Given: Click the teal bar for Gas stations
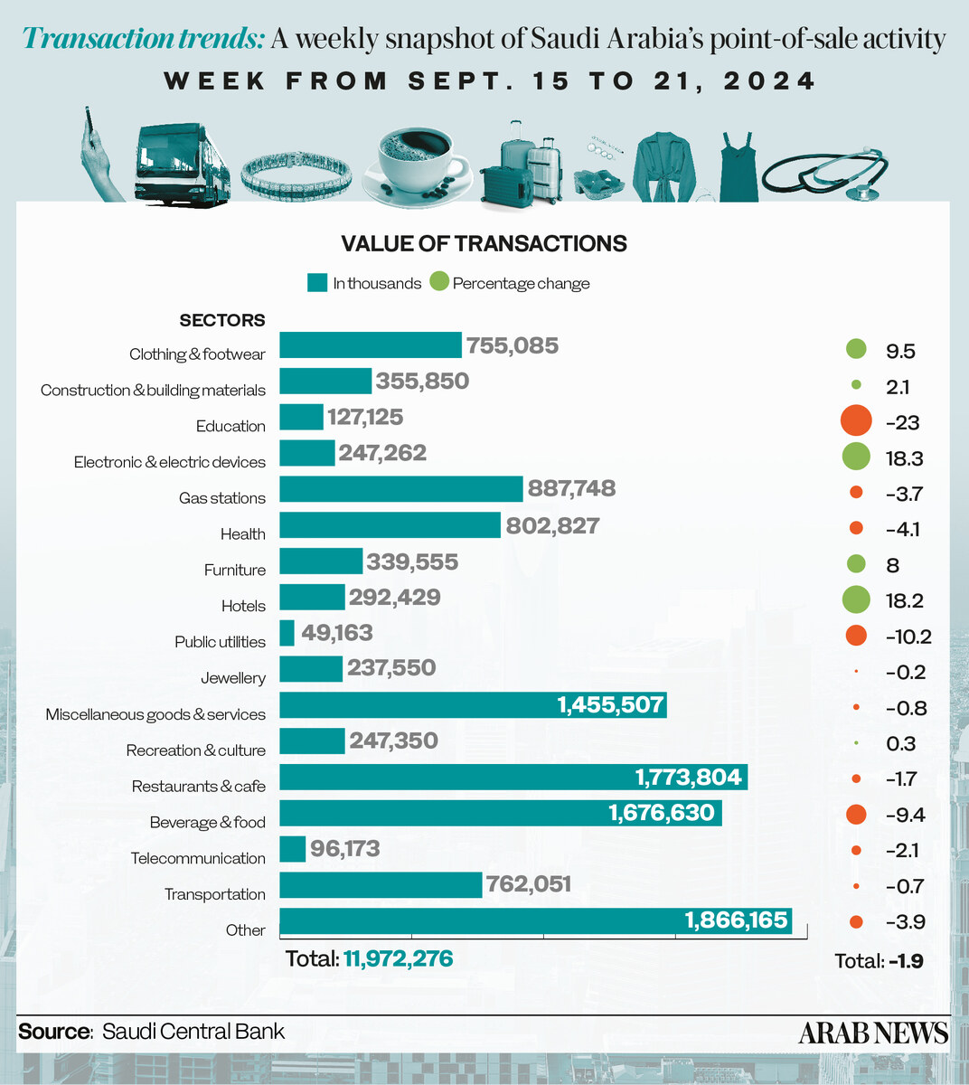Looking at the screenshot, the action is (401, 489).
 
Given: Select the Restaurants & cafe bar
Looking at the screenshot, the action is (513, 777).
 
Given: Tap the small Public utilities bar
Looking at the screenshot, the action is (287, 633).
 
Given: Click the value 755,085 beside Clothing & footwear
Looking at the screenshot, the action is (513, 345).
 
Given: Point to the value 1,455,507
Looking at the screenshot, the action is (610, 704).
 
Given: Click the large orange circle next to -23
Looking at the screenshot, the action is (856, 420).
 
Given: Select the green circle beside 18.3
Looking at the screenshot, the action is (856, 457).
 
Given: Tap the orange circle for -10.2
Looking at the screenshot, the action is (856, 636).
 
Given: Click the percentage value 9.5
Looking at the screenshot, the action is (900, 352).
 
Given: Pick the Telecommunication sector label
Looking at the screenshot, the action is (198, 858).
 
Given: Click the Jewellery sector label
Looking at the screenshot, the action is (233, 678).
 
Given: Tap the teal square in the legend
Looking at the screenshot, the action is (317, 283).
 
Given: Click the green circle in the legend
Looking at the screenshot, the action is (439, 282).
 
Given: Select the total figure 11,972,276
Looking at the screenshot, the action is (399, 958).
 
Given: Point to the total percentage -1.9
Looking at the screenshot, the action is (907, 961).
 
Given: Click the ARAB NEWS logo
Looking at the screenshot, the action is (874, 1033).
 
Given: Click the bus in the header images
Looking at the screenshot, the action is (183, 164).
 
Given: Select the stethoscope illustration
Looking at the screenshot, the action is (825, 174).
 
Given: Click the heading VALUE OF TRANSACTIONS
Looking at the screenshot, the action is (484, 243).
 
